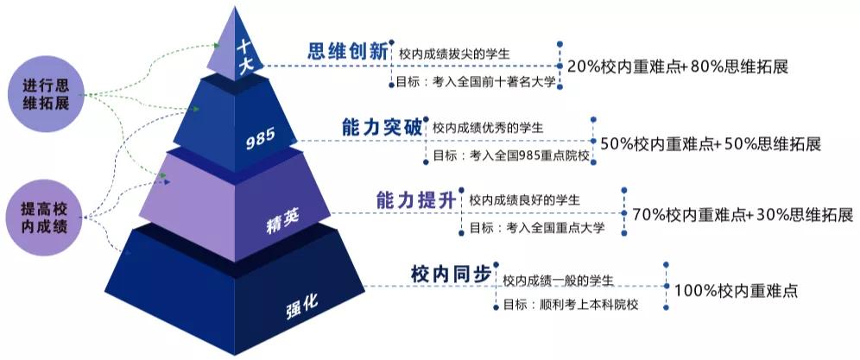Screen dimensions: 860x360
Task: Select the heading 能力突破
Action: (x=382, y=128)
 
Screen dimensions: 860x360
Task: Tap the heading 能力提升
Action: (x=415, y=200)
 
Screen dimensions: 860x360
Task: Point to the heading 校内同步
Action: (x=451, y=274)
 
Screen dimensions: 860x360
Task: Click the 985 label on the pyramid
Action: (x=261, y=139)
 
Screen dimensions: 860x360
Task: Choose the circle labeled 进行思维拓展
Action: (x=47, y=94)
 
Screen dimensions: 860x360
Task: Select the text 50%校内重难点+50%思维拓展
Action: (x=711, y=144)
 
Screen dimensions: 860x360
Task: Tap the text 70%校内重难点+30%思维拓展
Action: (x=743, y=214)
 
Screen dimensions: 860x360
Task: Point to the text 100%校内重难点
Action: (x=736, y=290)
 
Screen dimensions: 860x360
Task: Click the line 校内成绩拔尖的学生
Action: (x=455, y=54)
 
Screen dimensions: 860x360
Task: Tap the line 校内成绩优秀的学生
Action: (x=488, y=128)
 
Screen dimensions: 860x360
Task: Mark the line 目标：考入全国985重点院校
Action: (x=511, y=156)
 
